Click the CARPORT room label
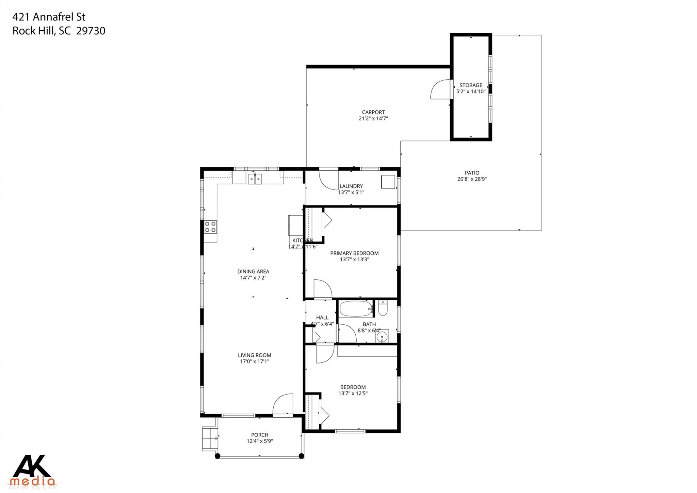(373, 112)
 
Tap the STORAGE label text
(471, 85)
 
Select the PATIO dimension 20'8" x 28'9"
(472, 179)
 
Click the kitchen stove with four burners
(210, 227)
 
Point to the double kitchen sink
(255, 178)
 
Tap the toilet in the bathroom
(383, 308)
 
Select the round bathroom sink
(383, 337)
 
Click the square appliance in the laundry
(388, 182)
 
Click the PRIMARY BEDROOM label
(354, 253)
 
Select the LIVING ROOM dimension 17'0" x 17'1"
(255, 361)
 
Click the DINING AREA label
(253, 272)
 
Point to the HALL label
(322, 318)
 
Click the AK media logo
(33, 471)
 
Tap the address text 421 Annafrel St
(49, 17)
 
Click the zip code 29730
(91, 31)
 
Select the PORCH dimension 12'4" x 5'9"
(260, 441)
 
